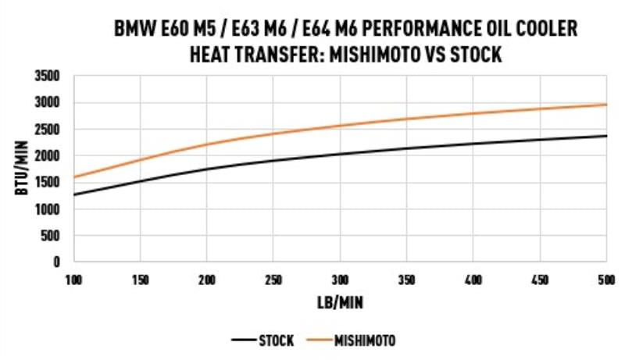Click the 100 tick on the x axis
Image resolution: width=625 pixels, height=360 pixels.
tap(74, 279)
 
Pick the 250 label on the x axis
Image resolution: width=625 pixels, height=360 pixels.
tap(273, 279)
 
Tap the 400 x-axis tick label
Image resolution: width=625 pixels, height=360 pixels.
tap(473, 279)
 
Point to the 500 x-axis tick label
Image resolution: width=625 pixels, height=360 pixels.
tap(606, 279)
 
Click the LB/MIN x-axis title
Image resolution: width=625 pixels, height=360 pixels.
tap(340, 301)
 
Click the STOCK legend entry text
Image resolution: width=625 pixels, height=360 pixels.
tap(276, 340)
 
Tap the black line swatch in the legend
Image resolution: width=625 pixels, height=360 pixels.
tap(245, 340)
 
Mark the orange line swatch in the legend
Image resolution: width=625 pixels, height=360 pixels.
tap(319, 340)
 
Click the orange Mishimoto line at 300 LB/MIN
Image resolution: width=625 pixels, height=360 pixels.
tap(340, 125)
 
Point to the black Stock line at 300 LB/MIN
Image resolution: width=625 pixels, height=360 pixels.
tap(340, 153)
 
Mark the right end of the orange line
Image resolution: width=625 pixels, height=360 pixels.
tap(607, 104)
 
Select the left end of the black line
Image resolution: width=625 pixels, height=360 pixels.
tap(74, 194)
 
